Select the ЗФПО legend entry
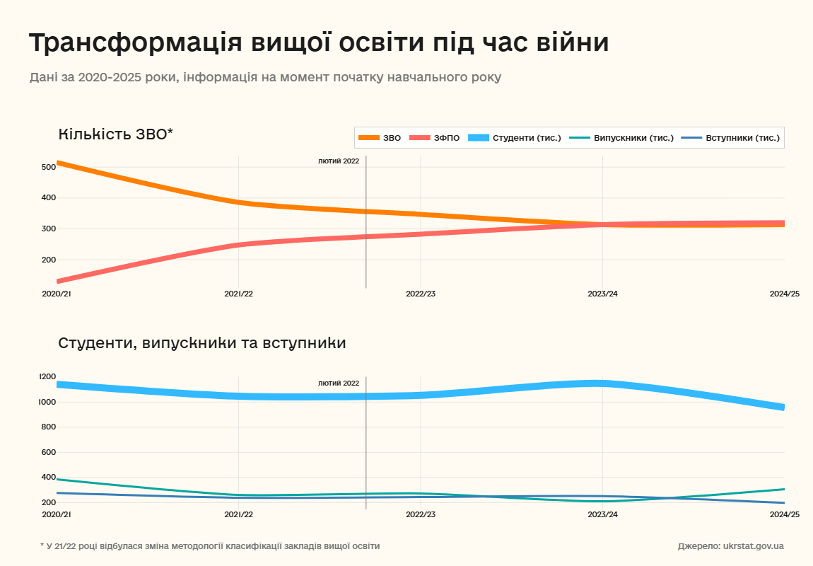pos(434,138)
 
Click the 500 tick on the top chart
pos(49,167)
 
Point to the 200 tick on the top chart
pos(49,260)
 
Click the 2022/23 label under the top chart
pos(421,294)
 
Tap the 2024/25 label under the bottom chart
pos(784,514)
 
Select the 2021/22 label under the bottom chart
pos(238,514)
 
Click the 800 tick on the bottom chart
pos(49,427)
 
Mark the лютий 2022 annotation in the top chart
pos(339,161)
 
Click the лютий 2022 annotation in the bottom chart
pos(339,383)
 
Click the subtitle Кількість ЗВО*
pos(115,134)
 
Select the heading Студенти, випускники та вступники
pos(201,343)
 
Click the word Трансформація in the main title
pos(134,42)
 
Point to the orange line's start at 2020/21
pos(58,163)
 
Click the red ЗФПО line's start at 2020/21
pos(58,281)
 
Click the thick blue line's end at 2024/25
pos(783,408)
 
